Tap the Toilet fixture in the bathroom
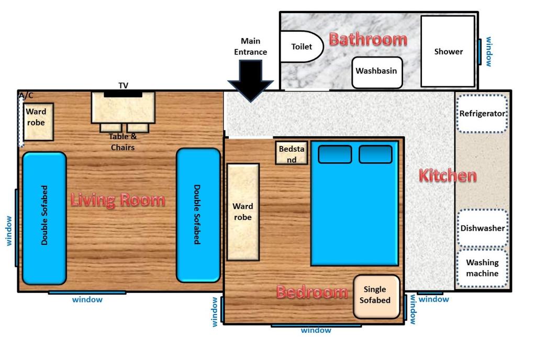pos(301,47)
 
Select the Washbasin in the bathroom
pos(377,72)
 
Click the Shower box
pos(448,51)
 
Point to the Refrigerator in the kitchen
pos(482,114)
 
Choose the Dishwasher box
pos(482,228)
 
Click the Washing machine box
pos(482,268)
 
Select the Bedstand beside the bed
pos(292,153)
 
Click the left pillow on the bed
pos(335,154)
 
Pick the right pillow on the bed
pos(375,154)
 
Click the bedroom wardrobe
pos(243,212)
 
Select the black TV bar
pos(123,94)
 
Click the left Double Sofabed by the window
pos(44,218)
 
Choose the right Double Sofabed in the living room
pos(198,215)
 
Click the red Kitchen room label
pos(448,176)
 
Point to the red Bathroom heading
pos(367,39)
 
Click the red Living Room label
pos(118,199)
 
